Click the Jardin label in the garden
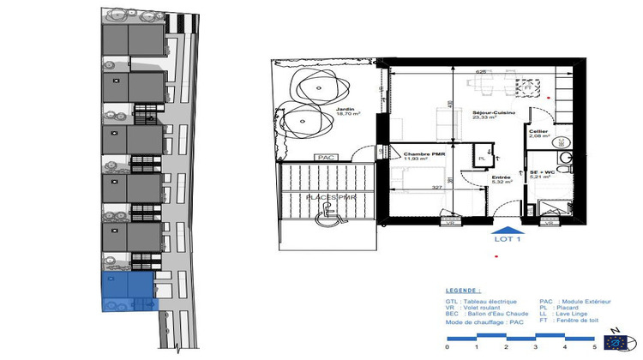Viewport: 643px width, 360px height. tap(346, 111)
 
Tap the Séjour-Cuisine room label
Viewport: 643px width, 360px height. tap(492, 114)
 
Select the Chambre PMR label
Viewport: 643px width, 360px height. tap(416, 157)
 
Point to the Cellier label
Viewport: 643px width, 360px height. tap(539, 132)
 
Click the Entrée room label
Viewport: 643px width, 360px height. tap(502, 177)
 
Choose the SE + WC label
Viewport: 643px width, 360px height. tap(543, 173)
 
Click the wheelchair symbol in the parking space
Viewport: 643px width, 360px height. tap(327, 219)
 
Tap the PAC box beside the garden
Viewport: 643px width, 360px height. tap(326, 158)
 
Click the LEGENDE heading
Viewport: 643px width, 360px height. tap(464, 291)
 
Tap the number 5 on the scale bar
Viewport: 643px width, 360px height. tap(593, 348)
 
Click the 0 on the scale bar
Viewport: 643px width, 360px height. tap(448, 348)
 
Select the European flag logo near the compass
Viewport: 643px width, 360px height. tap(614, 341)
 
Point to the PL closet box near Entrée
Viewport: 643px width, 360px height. tap(482, 158)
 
